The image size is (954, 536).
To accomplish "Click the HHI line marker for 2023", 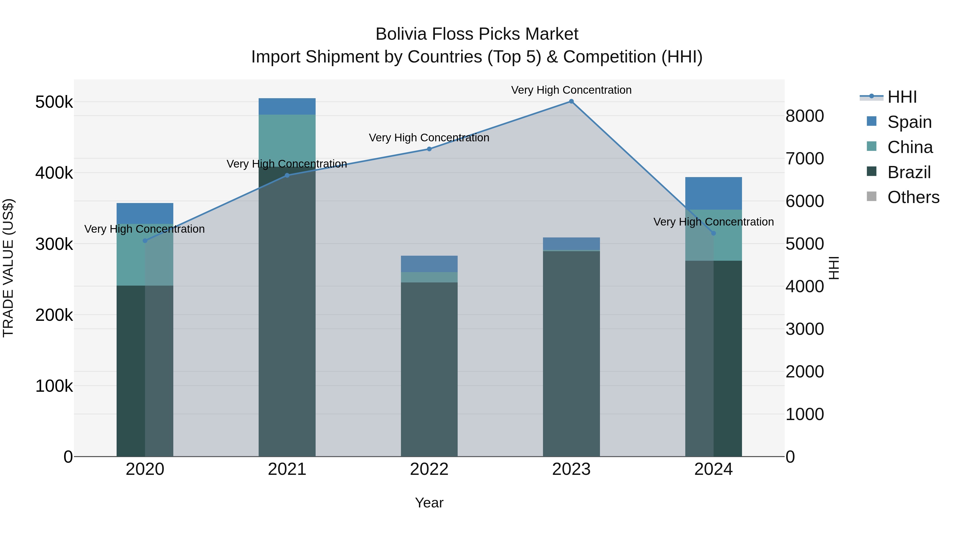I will click(571, 101).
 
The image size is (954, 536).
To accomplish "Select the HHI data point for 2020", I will click(145, 241).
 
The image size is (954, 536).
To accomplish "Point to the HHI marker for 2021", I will click(287, 175).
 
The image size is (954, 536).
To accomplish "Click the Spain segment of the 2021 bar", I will click(287, 106).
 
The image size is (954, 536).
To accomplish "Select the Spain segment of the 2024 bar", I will click(714, 193).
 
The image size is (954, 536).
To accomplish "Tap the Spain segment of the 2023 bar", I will click(571, 244).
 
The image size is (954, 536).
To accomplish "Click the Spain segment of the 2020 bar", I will click(145, 213).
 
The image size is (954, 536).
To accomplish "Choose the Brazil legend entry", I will click(909, 172).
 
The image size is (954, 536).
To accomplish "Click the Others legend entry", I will click(913, 197).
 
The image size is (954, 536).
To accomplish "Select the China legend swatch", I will click(872, 146).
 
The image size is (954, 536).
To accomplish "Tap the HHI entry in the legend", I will click(902, 97).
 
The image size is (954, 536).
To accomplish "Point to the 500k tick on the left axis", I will click(54, 102).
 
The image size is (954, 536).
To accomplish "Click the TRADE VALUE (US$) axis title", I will click(8, 268).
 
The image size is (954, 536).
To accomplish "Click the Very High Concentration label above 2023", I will click(571, 90).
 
